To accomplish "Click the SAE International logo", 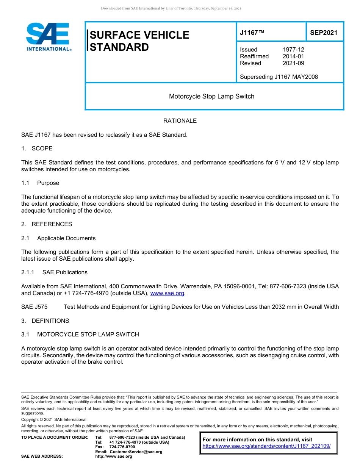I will pyautogui.click(x=48, y=37).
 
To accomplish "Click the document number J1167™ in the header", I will pyautogui.click(x=252, y=33).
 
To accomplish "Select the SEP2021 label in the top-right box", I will pyautogui.click(x=324, y=33).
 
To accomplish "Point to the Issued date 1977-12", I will pyautogui.click(x=293, y=50).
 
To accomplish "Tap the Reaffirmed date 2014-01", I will pyautogui.click(x=293, y=56).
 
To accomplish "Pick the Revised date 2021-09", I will pyautogui.click(x=293, y=63).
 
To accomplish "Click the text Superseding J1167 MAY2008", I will pyautogui.click(x=279, y=77).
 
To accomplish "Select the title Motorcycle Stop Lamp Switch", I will pyautogui.click(x=211, y=96).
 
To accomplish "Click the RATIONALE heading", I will pyautogui.click(x=180, y=121).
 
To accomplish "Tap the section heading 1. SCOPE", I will pyautogui.click(x=37, y=148).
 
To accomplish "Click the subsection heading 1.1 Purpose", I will pyautogui.click(x=40, y=183).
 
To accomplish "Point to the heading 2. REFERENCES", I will pyautogui.click(x=47, y=224).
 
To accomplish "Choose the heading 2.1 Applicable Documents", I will pyautogui.click(x=58, y=238).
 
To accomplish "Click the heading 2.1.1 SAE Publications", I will pyautogui.click(x=54, y=272).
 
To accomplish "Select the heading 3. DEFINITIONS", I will pyautogui.click(x=45, y=321).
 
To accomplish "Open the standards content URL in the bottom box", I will pyautogui.click(x=266, y=446).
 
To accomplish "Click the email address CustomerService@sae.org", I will pyautogui.click(x=136, y=452).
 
